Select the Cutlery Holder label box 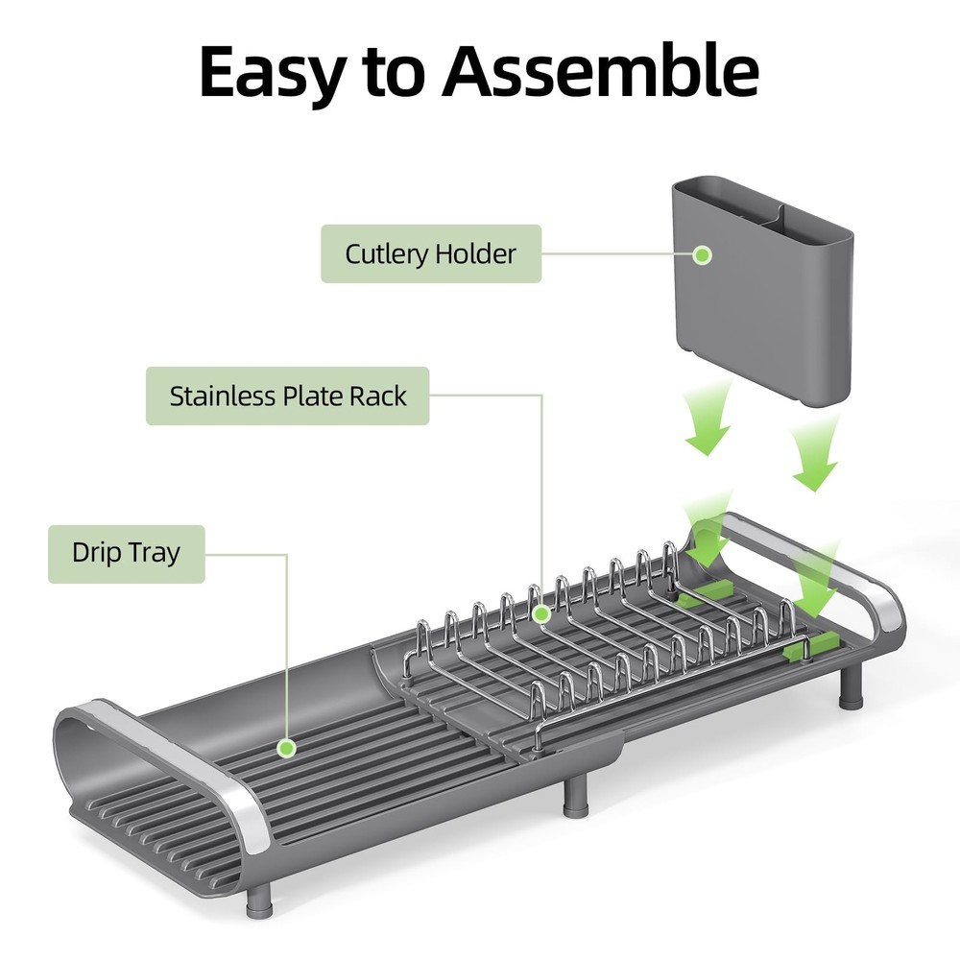(430, 254)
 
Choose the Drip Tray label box (126, 554)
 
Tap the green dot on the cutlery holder (703, 255)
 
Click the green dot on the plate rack (541, 612)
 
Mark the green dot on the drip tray (285, 747)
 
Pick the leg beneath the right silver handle (850, 688)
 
